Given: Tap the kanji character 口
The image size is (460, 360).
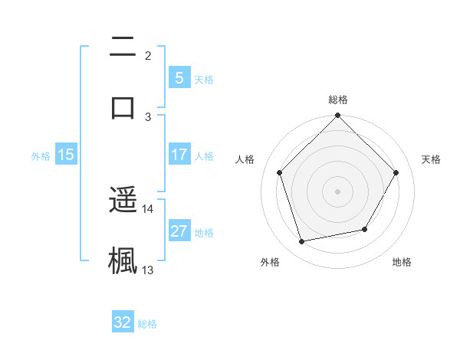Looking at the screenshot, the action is [123, 106].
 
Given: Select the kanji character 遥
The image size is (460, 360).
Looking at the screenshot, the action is [123, 200].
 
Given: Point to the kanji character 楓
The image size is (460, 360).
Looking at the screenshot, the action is [123, 260].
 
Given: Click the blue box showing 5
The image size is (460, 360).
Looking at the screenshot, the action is [179, 77].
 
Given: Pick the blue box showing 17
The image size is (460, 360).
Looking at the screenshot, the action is [179, 155].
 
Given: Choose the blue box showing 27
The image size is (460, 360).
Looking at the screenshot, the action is [179, 231].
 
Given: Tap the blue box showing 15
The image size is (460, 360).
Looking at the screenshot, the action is [66, 155].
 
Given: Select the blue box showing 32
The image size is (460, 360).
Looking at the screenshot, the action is [123, 322].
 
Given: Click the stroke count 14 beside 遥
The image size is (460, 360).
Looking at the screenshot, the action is [148, 208].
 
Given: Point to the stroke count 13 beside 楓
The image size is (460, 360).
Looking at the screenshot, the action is [148, 270].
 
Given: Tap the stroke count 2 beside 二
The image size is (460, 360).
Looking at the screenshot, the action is [148, 55].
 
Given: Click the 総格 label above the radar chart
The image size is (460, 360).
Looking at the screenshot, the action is [337, 100].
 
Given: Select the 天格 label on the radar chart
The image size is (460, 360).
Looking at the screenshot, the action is [431, 159].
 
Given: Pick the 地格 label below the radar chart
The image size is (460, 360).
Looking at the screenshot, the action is [402, 262].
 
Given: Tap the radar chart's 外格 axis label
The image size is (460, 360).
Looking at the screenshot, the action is [270, 262].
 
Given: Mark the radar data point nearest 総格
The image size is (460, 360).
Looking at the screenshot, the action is [337, 116].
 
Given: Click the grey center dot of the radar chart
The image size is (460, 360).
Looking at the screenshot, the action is [337, 191].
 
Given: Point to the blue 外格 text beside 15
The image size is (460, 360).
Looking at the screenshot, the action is [41, 155].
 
